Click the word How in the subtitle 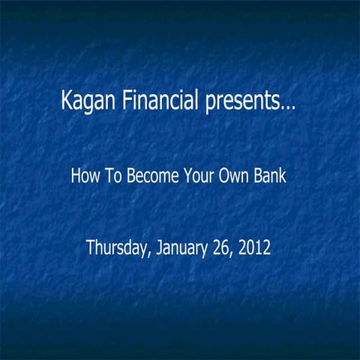click(x=84, y=179)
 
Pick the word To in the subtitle click(x=109, y=179)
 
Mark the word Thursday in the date click(x=118, y=247)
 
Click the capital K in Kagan click(x=67, y=100)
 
